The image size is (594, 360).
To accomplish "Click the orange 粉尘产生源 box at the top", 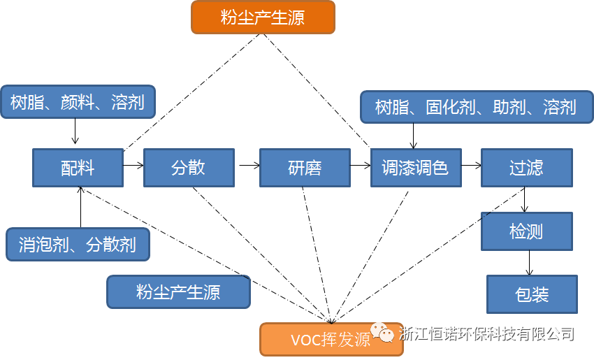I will pyautogui.click(x=263, y=17).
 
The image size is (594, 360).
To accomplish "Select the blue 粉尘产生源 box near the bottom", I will pyautogui.click(x=178, y=291).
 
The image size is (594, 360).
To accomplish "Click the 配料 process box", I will pyautogui.click(x=78, y=168).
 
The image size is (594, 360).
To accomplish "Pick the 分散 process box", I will pyautogui.click(x=188, y=168).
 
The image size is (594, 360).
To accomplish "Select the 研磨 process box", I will pyautogui.click(x=304, y=168).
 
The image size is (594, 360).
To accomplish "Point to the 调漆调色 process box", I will pyautogui.click(x=415, y=168).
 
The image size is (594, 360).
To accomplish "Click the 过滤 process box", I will pyautogui.click(x=526, y=168).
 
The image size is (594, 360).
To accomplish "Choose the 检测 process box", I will pyautogui.click(x=526, y=231).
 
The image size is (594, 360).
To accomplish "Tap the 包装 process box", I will pyautogui.click(x=532, y=294).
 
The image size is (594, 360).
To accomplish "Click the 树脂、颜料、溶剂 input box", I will pyautogui.click(x=78, y=103).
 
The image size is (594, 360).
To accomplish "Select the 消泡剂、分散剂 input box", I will pyautogui.click(x=78, y=245).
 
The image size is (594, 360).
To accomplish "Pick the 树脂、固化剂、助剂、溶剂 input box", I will pyautogui.click(x=475, y=107).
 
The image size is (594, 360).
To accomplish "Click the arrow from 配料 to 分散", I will pyautogui.click(x=133, y=166).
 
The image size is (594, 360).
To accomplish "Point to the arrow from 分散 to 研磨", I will pyautogui.click(x=249, y=166).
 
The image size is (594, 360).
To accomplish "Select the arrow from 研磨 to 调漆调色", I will pyautogui.click(x=361, y=166).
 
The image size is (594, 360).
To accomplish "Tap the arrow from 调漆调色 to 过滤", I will pyautogui.click(x=472, y=166).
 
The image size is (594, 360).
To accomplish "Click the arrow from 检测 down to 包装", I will pyautogui.click(x=529, y=262).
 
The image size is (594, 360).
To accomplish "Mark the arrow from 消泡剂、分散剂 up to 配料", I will pyautogui.click(x=80, y=208).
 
